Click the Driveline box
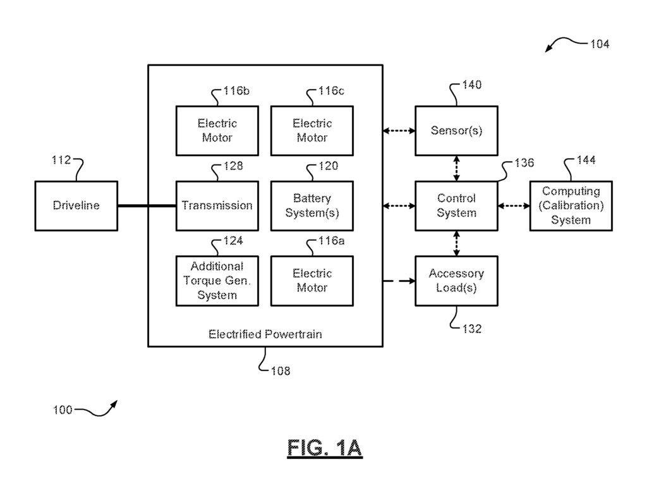coord(76,205)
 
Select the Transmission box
coord(217,205)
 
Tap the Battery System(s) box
coord(311,205)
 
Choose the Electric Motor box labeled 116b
coord(217,130)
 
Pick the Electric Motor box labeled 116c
coord(311,130)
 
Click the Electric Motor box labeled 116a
coord(311,281)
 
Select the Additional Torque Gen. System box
coord(217,281)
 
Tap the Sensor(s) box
coord(456,131)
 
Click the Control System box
coord(456,205)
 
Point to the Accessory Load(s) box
coord(456,281)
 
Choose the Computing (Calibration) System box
coord(571,205)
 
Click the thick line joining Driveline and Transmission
coord(147,205)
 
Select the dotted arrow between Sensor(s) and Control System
coord(456,168)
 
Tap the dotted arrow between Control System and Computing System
coord(514,205)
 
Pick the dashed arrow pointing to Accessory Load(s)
coord(399,281)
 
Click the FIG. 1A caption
coord(325,448)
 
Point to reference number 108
coord(280,371)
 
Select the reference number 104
coord(599,44)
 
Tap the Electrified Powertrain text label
coord(265,334)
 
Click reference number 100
coord(63,410)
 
